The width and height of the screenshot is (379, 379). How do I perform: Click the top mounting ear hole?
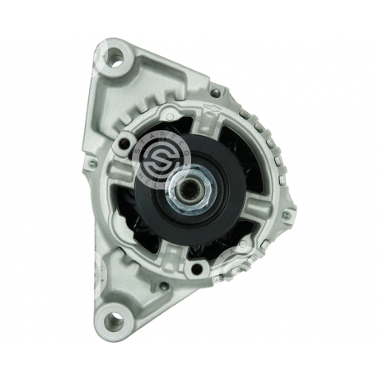(117, 57)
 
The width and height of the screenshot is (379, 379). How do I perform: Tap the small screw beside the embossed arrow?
(216, 93)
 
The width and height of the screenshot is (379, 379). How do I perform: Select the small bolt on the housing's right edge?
(285, 216)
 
